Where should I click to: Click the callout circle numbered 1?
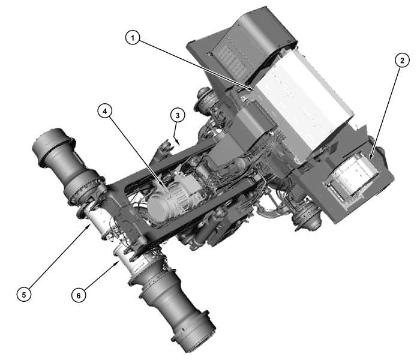pyautogui.click(x=133, y=38)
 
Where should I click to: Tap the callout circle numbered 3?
pyautogui.click(x=176, y=115)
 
